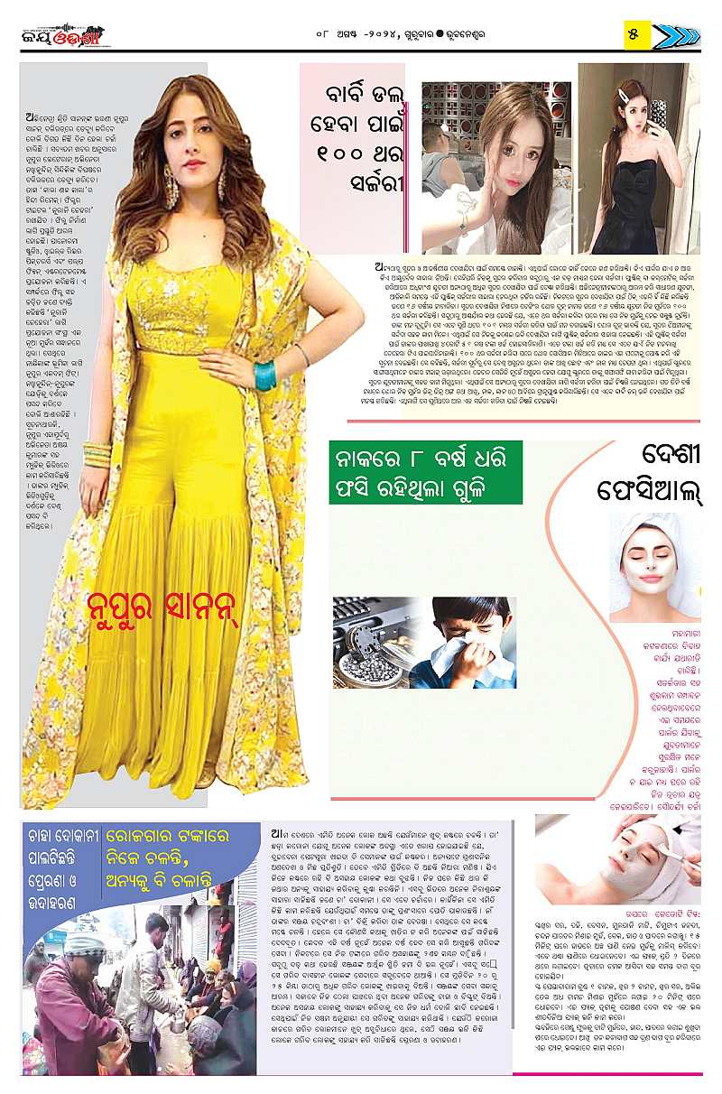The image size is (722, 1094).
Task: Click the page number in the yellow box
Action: (x=634, y=34)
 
